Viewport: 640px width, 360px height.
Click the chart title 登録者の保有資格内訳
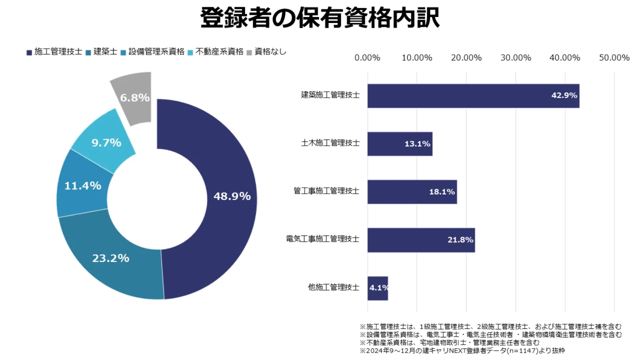320,18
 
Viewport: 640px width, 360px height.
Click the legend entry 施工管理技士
54,52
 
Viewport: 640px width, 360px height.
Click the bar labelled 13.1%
400,144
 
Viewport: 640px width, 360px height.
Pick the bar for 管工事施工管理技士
412,192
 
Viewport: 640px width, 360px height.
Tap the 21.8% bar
421,240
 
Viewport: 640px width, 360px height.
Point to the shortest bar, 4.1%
378,288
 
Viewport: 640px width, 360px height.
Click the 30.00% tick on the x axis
515,58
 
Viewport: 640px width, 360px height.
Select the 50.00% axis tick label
614,58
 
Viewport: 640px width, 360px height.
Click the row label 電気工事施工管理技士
323,239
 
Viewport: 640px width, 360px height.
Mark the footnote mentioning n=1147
462,351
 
